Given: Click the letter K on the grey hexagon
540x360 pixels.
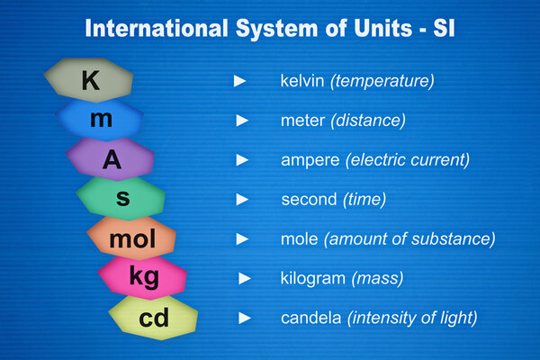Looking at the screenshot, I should (x=91, y=81).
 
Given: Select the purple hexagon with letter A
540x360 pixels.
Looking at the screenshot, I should (x=111, y=159).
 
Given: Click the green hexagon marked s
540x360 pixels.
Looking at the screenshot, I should (x=121, y=197).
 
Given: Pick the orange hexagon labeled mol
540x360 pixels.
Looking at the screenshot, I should (x=132, y=239).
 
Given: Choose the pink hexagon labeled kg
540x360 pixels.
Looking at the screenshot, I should (x=143, y=277).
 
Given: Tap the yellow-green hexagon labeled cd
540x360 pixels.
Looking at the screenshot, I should (x=154, y=318).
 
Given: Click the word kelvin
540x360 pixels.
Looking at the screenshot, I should (x=303, y=81).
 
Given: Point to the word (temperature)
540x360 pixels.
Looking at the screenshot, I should (x=383, y=81).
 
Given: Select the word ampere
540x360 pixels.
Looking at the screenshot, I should (x=310, y=159).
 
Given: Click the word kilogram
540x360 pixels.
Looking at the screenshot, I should (x=313, y=278).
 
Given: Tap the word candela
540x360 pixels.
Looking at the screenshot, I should (x=310, y=318).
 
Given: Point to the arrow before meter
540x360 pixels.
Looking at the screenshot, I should (x=241, y=120).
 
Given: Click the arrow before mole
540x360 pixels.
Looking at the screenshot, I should (x=241, y=238).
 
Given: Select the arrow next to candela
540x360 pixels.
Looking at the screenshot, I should (x=244, y=318).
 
